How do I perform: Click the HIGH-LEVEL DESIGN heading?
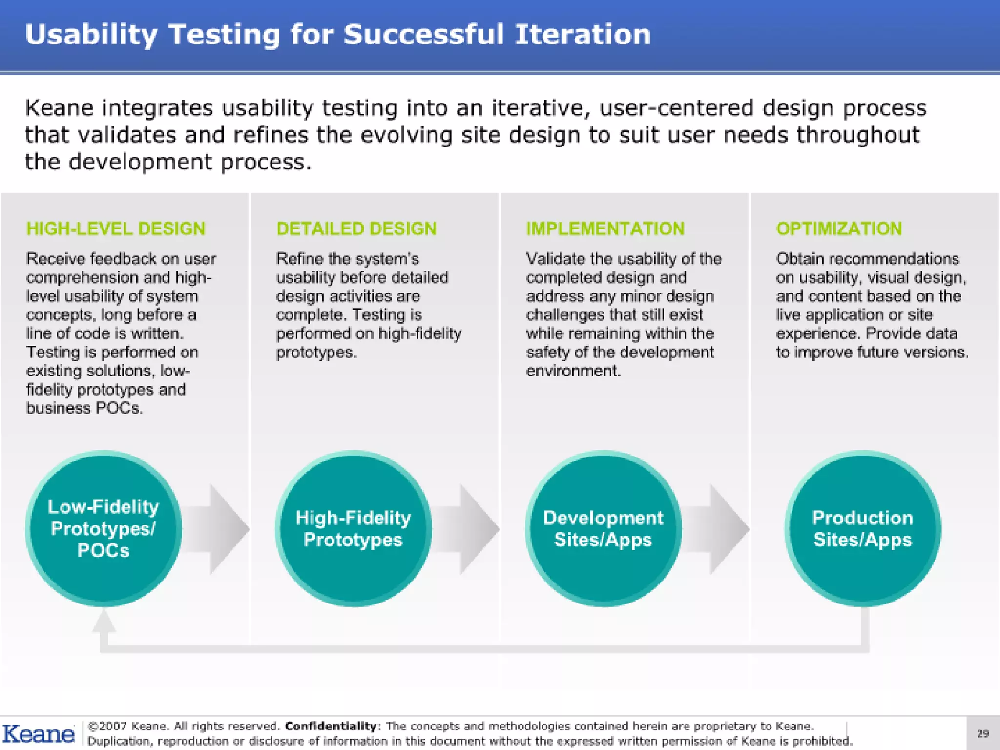point(116,229)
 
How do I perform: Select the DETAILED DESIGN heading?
point(356,229)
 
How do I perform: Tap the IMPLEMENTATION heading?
point(605,229)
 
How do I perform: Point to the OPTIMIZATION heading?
point(839,229)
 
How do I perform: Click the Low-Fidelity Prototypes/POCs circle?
point(104,528)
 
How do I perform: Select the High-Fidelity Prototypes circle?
point(353,528)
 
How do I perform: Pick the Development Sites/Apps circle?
point(603,528)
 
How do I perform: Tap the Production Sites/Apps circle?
point(862,528)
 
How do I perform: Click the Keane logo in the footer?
point(38,734)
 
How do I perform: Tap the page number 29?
point(982,733)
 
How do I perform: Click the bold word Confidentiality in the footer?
point(331,726)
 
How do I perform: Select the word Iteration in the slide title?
point(583,35)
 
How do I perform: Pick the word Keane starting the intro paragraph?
point(59,108)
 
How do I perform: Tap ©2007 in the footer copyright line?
point(106,726)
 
